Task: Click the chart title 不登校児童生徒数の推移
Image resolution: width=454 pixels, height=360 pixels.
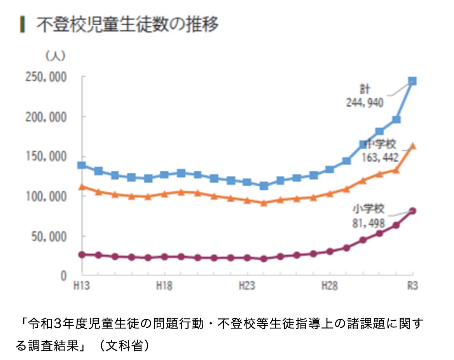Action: tap(127, 25)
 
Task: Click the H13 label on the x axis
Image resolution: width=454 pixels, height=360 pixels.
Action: tap(82, 286)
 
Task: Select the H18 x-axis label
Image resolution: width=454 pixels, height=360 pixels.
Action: tap(164, 286)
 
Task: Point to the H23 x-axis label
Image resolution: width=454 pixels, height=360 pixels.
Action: tap(247, 286)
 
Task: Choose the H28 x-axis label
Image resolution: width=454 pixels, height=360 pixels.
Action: tap(329, 286)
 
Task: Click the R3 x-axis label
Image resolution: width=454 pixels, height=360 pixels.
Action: tap(412, 286)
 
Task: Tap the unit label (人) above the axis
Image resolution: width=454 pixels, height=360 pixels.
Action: tap(56, 56)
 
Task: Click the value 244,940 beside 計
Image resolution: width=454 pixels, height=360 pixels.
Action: tap(365, 103)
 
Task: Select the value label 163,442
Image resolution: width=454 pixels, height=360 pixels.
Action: tap(380, 157)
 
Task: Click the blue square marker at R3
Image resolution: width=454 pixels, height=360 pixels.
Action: tap(412, 81)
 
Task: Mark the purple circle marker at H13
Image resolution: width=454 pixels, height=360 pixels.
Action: tap(82, 255)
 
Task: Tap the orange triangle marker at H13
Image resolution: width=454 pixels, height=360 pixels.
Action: tap(82, 187)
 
